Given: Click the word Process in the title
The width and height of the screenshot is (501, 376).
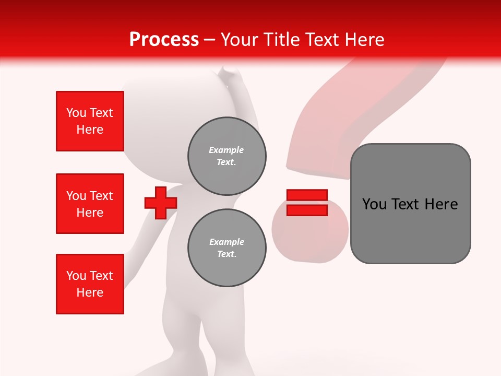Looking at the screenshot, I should (164, 40).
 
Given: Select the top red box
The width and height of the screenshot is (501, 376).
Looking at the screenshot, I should (90, 121).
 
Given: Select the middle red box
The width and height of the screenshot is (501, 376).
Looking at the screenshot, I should (90, 204).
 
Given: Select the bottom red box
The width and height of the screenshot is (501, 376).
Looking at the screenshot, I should (90, 284).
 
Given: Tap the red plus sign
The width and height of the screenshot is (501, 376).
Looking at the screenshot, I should (161, 203).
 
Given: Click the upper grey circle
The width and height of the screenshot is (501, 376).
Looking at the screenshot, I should (227, 156).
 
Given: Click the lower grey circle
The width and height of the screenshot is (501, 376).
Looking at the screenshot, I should (227, 248).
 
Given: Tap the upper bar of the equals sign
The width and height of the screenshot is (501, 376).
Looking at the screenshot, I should (307, 195).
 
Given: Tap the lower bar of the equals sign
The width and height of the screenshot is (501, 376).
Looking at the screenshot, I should (307, 210).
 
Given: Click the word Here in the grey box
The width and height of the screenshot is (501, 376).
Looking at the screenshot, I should (441, 204).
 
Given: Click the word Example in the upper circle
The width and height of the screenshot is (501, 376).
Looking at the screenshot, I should (226, 150).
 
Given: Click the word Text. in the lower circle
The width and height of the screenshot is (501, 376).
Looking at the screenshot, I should (226, 254).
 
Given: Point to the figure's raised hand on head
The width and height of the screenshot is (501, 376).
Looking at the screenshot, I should (229, 78).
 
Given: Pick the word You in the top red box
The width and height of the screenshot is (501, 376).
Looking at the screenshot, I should (75, 113).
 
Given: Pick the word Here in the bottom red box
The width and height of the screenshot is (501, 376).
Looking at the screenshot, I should (90, 292).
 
